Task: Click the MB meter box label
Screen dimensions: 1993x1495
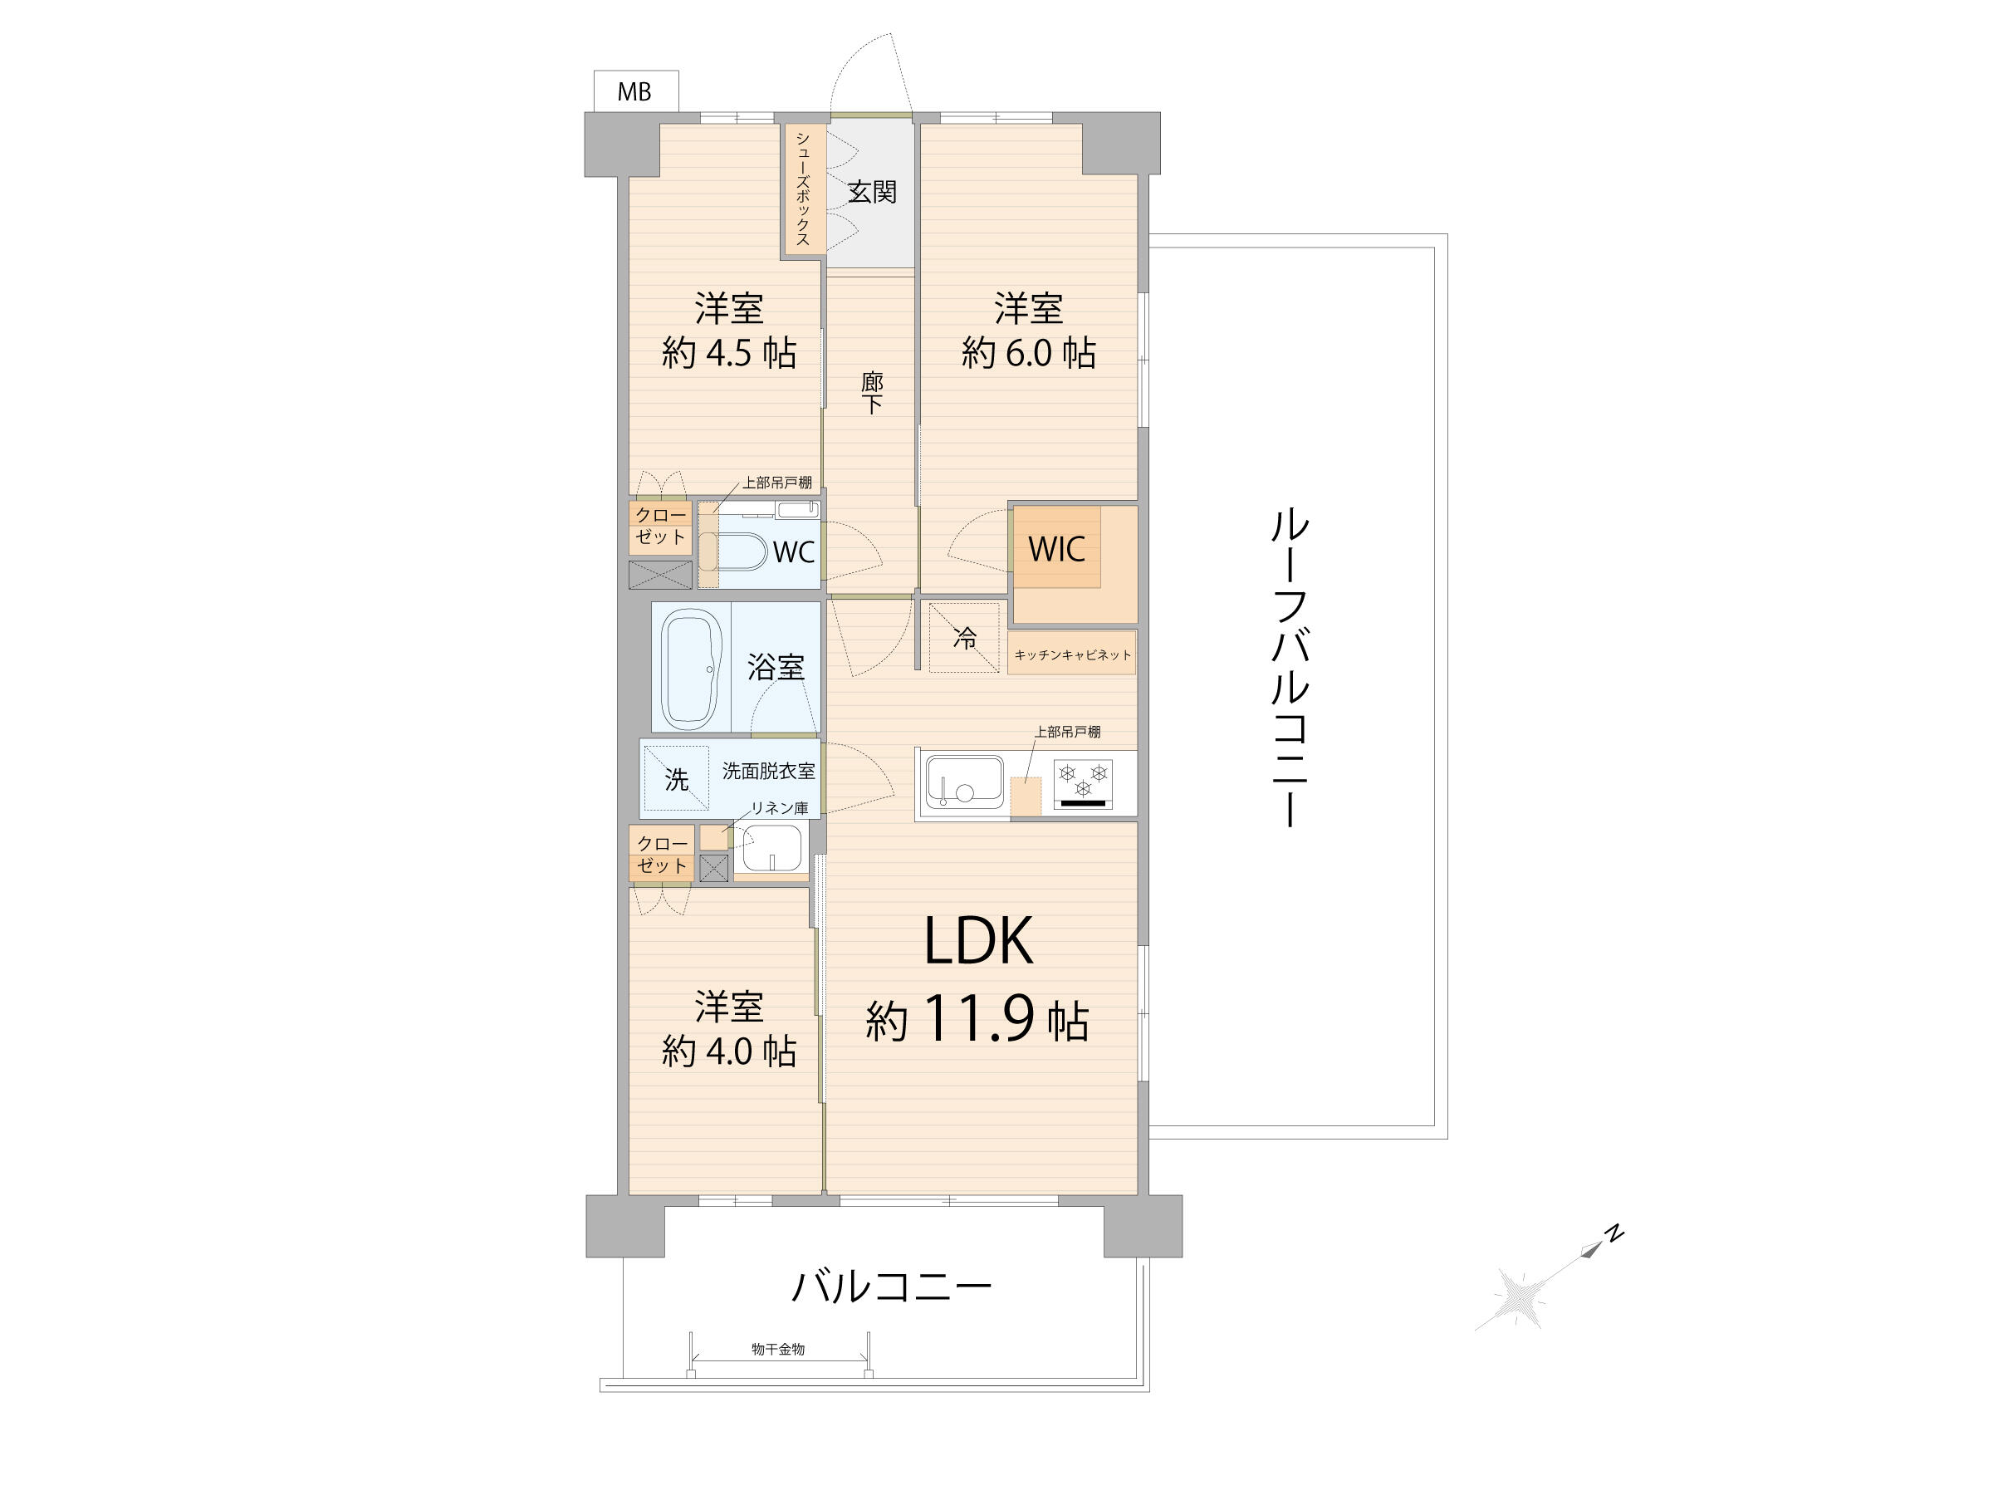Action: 634,92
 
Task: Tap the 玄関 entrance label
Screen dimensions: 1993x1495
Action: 872,192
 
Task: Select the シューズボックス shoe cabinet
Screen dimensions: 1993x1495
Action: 803,189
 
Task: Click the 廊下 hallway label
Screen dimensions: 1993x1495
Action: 871,393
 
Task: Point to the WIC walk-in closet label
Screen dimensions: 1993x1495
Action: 1057,549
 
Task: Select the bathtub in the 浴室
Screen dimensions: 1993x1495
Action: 692,668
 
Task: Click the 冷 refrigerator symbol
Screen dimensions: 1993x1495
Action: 965,638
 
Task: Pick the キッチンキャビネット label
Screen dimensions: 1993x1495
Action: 1072,655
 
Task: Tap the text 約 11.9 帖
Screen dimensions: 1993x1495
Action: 977,1020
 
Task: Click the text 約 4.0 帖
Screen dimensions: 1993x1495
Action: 729,1051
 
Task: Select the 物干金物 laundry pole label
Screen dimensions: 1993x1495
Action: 778,1349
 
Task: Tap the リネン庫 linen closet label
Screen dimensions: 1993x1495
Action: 781,808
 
